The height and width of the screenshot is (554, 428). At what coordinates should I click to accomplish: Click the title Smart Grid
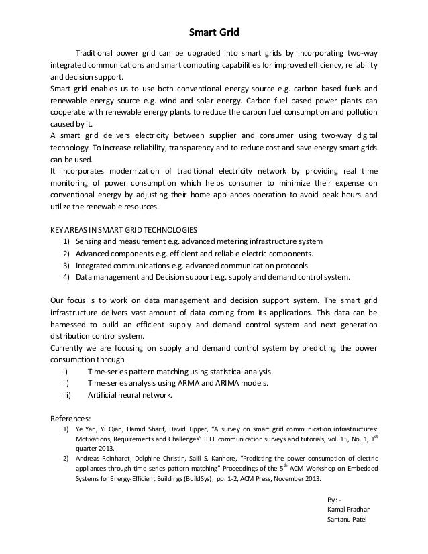point(213,31)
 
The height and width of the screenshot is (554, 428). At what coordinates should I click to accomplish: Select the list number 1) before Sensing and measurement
point(66,241)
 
